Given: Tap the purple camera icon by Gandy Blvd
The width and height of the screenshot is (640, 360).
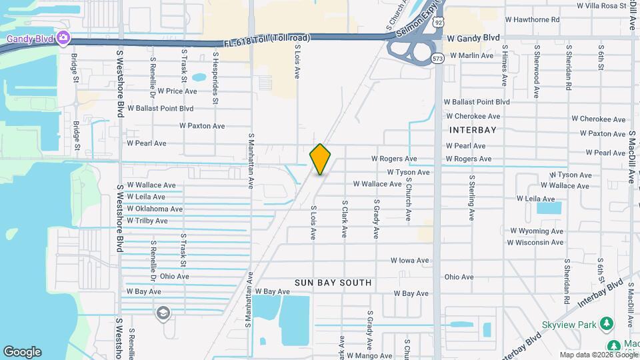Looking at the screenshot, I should (x=63, y=37).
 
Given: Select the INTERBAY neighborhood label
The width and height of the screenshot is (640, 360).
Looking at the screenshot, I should (x=473, y=130).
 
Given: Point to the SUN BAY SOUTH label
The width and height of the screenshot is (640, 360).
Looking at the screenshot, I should (x=333, y=283).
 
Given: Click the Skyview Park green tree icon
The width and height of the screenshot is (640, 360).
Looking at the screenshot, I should (x=606, y=324).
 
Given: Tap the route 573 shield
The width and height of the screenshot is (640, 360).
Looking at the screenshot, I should (x=437, y=59).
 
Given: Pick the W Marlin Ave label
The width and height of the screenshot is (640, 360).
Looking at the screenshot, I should (x=471, y=55).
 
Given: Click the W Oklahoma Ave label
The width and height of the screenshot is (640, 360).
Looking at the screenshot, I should (x=155, y=209).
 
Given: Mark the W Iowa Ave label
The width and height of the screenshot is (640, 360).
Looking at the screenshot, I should (x=409, y=261).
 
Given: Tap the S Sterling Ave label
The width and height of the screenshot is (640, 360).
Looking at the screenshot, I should (x=471, y=198).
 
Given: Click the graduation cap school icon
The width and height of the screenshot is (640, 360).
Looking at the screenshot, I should (x=163, y=313).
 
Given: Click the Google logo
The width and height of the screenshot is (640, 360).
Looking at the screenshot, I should (x=22, y=351).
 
